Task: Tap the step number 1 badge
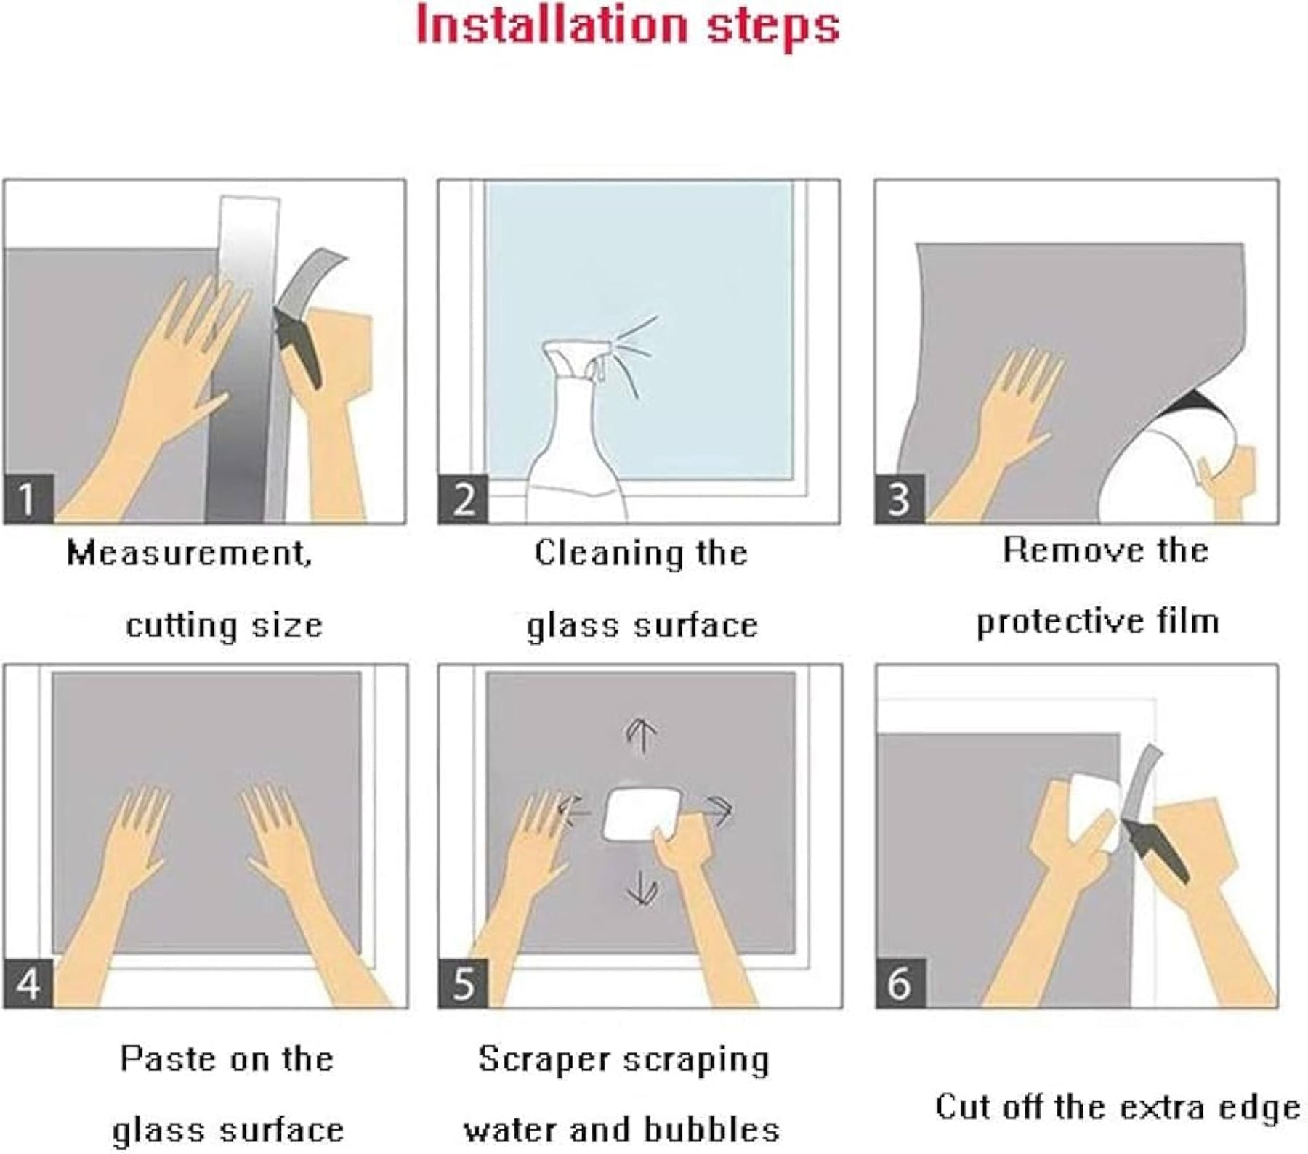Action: point(28,498)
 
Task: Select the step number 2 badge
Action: point(463,498)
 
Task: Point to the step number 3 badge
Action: point(900,498)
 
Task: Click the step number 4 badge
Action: point(28,983)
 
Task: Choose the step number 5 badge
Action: point(463,983)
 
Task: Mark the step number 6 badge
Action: point(900,983)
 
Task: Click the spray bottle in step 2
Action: point(578,436)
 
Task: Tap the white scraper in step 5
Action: point(642,815)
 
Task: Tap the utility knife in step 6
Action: point(1153,813)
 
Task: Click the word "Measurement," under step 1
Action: point(189,553)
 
